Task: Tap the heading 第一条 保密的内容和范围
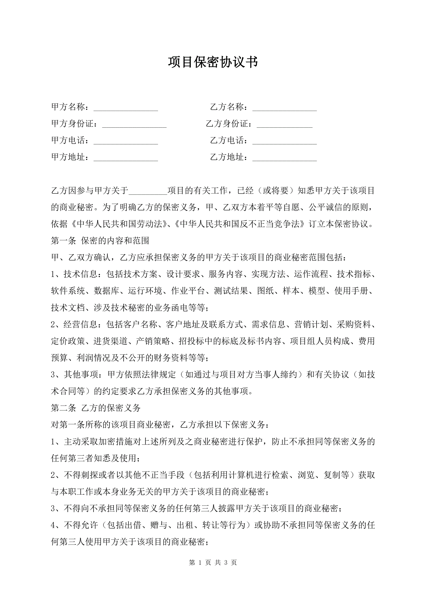tap(100, 241)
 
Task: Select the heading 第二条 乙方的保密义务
tap(96, 408)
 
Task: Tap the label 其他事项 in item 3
tap(81, 374)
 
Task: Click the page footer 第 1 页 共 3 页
tap(213, 562)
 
